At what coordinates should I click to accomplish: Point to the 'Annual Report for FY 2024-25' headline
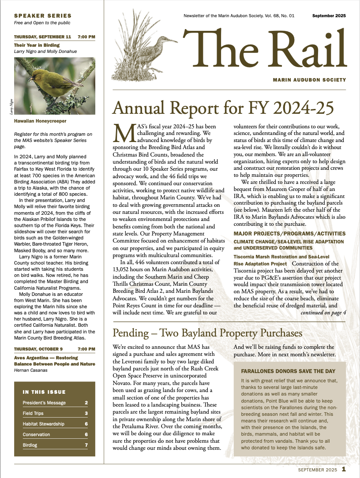coord(223,108)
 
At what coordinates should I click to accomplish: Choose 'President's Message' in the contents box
coord(44,403)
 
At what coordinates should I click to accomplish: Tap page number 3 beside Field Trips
coord(86,413)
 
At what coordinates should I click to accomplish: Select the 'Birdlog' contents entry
coord(30,445)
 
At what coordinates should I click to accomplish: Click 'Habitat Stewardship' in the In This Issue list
coord(43,424)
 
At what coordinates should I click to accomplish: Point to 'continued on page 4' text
coord(323,313)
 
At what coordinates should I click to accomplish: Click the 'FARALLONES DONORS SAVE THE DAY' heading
coord(288,371)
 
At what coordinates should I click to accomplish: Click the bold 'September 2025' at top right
coord(329,16)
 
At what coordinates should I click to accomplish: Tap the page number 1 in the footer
coord(343,469)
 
